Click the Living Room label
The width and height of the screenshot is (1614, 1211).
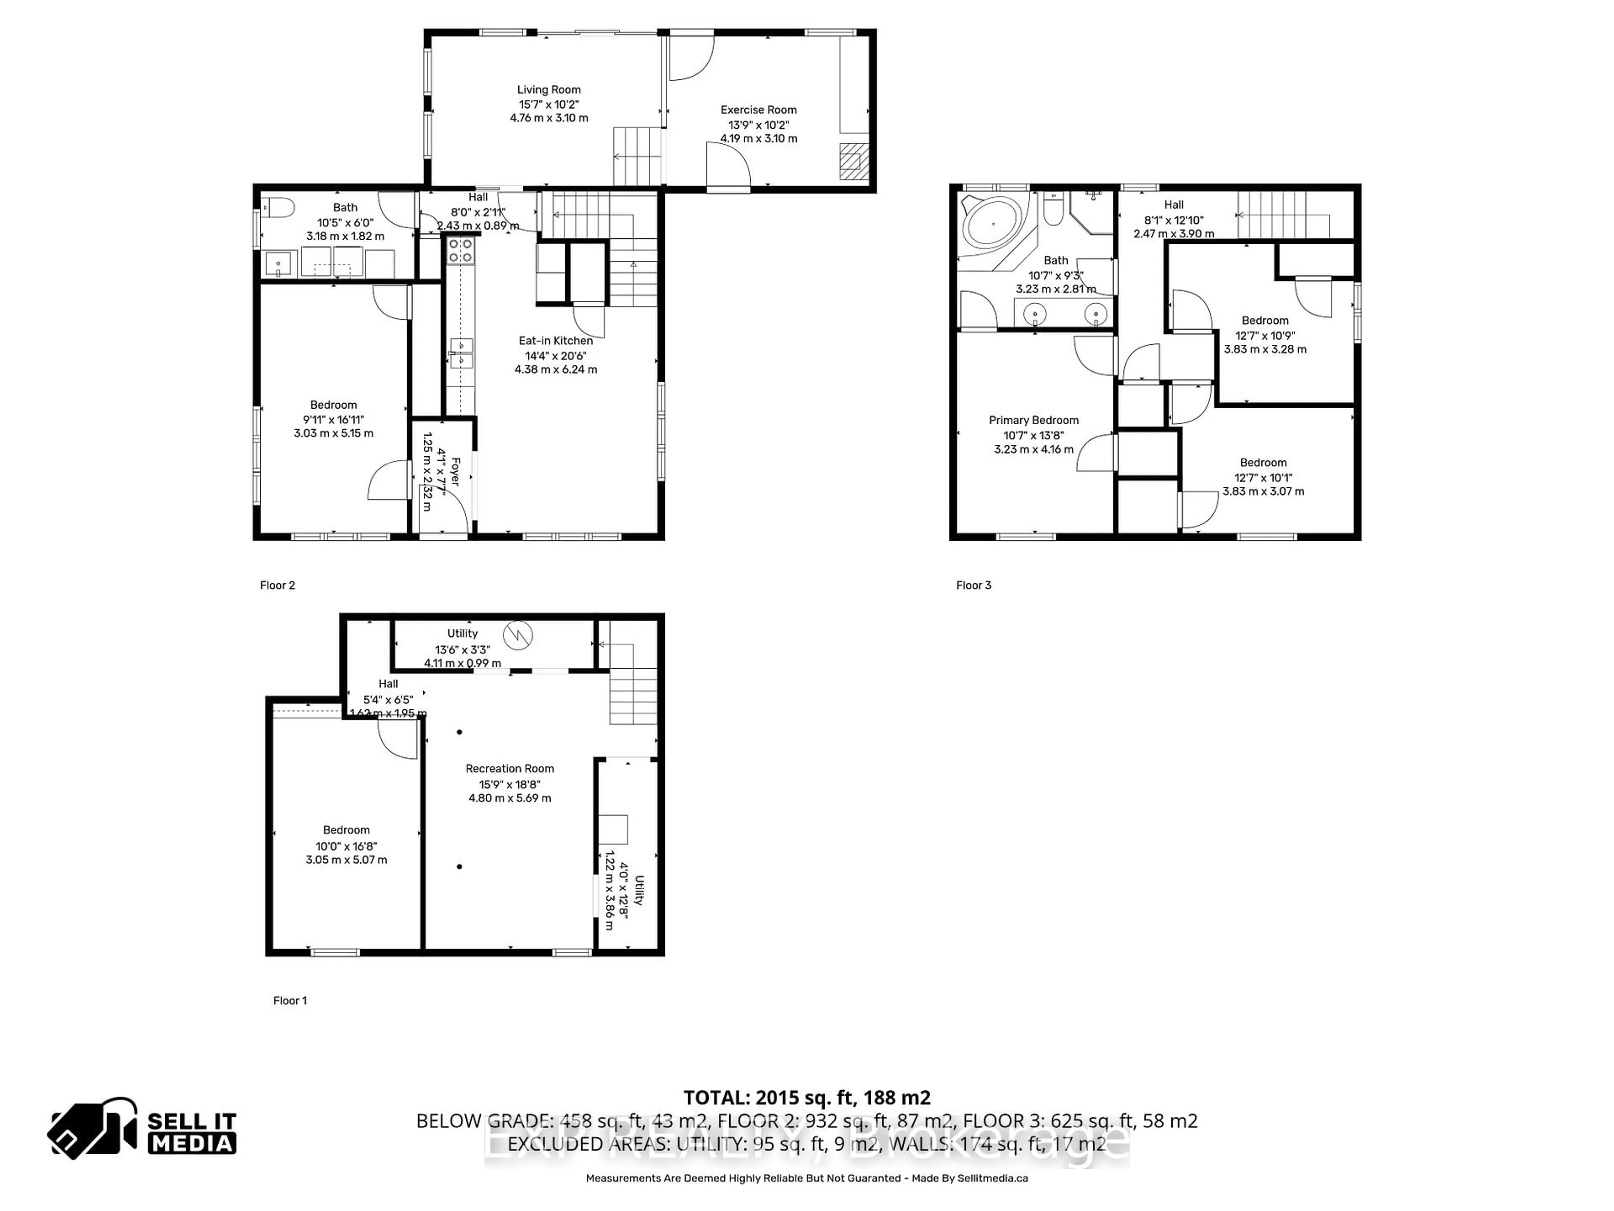click(549, 90)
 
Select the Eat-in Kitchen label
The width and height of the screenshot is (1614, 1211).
click(555, 341)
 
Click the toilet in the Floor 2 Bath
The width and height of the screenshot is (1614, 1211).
click(278, 208)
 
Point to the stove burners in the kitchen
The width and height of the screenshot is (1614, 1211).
click(460, 251)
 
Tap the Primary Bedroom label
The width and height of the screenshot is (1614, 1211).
click(1033, 420)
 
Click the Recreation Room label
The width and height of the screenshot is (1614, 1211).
click(509, 769)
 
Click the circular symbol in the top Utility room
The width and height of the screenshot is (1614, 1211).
click(518, 635)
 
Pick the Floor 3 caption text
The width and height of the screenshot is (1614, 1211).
click(973, 585)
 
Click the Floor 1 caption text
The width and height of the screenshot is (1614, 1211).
click(290, 1001)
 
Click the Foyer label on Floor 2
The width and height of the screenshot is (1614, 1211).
click(455, 471)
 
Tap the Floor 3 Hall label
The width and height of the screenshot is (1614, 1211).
click(1173, 205)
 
